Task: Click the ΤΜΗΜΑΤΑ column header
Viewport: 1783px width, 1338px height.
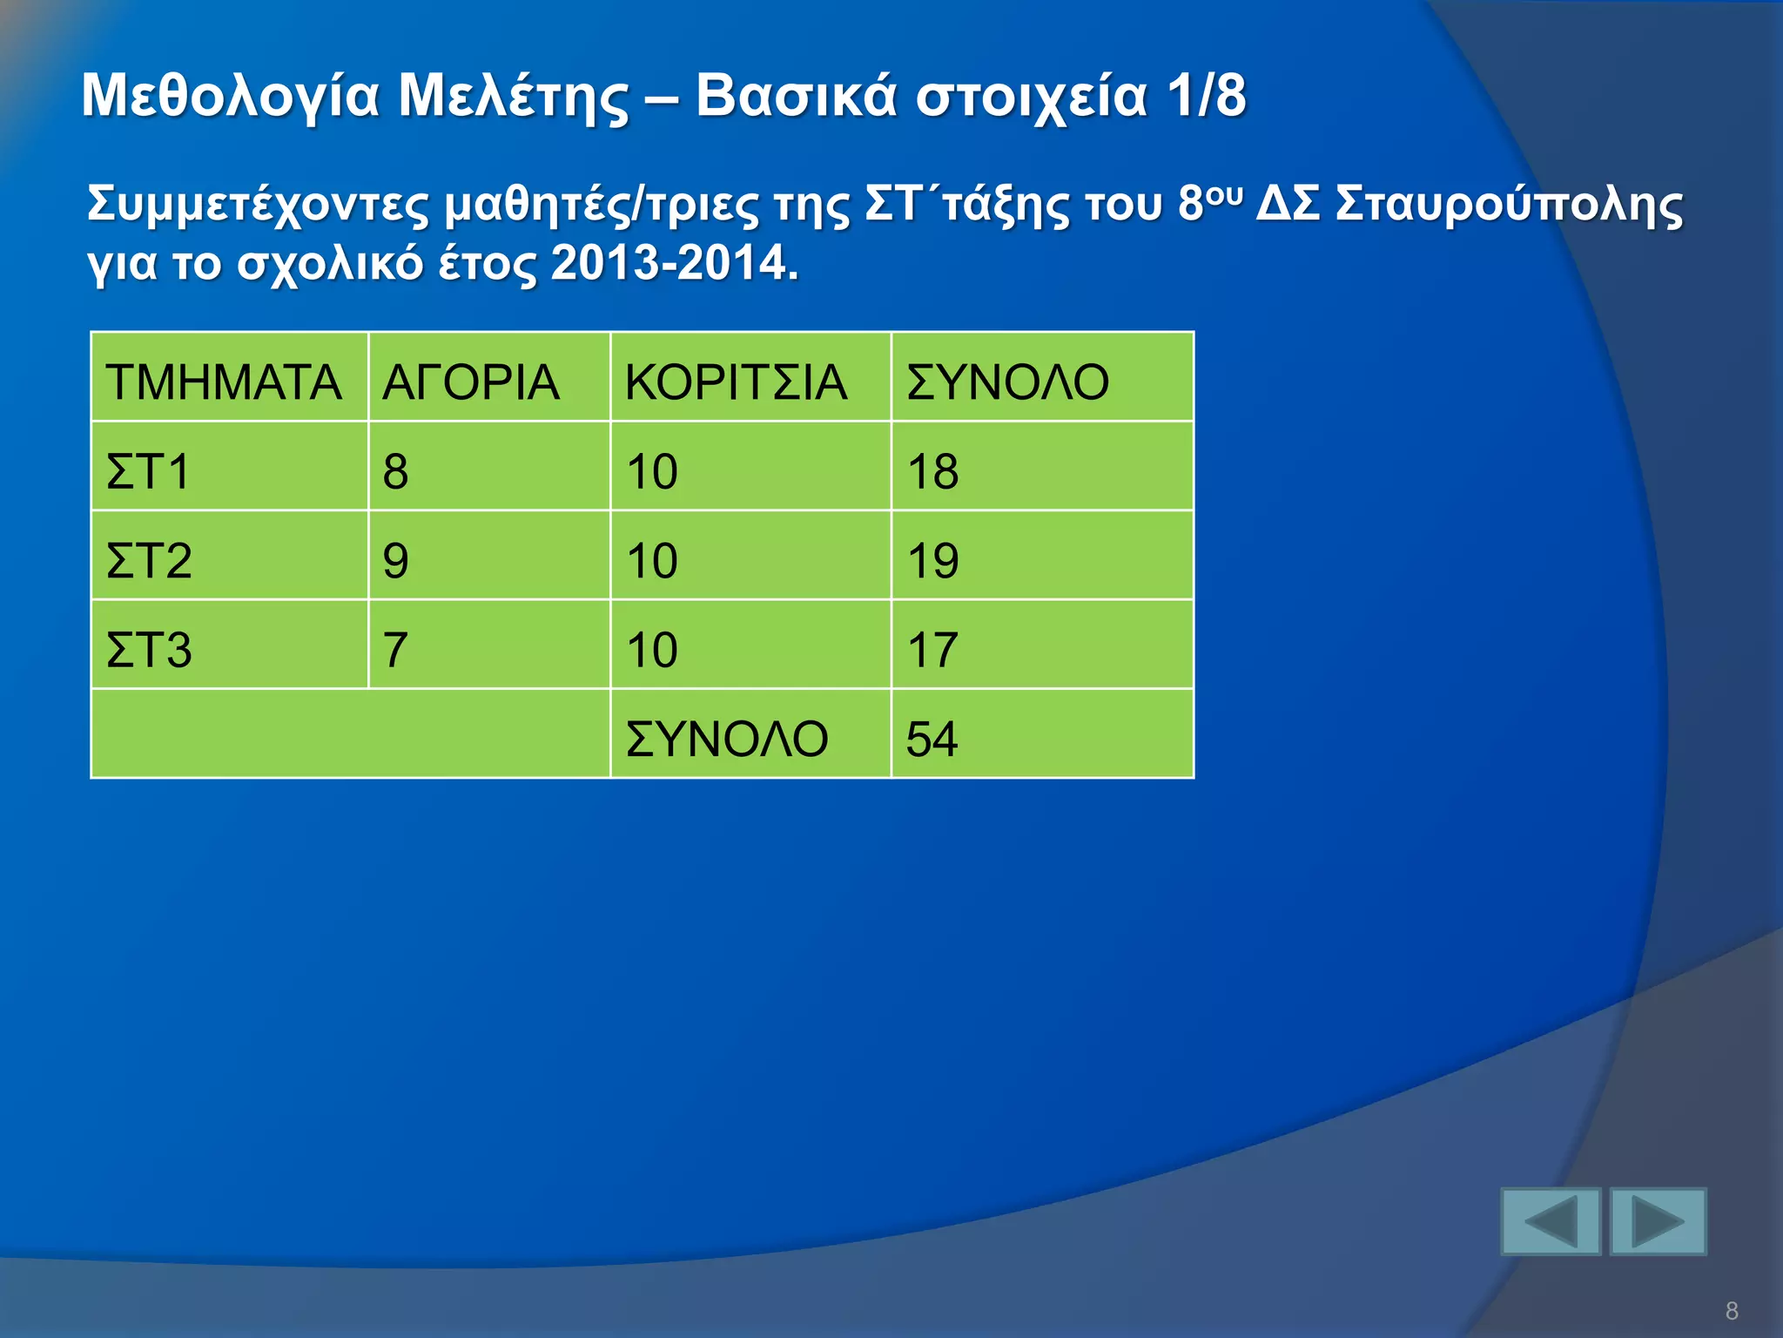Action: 224,382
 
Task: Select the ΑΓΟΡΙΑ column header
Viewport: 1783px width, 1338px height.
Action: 470,382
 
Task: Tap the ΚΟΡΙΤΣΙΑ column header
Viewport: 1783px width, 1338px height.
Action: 736,382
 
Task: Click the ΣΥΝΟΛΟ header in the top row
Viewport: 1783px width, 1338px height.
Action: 1007,382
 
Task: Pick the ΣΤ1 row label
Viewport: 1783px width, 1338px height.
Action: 148,471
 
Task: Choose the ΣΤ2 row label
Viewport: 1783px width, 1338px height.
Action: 149,560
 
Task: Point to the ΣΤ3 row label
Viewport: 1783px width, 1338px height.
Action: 149,650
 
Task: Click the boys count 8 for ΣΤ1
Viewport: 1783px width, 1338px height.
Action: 395,471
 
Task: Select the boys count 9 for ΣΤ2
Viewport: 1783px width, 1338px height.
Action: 395,560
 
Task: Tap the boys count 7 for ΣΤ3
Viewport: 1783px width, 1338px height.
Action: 395,650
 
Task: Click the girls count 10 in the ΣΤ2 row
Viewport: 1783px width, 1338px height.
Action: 652,560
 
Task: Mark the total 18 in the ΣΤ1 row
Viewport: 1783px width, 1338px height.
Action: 932,471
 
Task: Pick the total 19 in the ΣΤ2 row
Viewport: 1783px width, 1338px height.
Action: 932,560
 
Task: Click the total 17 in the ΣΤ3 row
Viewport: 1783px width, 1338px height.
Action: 932,650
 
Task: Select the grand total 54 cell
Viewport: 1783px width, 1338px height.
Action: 932,739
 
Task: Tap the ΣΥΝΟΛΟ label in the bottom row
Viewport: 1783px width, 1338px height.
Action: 727,739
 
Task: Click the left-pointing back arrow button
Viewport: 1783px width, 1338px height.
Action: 1551,1221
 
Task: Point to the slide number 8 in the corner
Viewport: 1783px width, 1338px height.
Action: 1732,1310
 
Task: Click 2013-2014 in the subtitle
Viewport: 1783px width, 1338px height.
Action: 674,262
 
